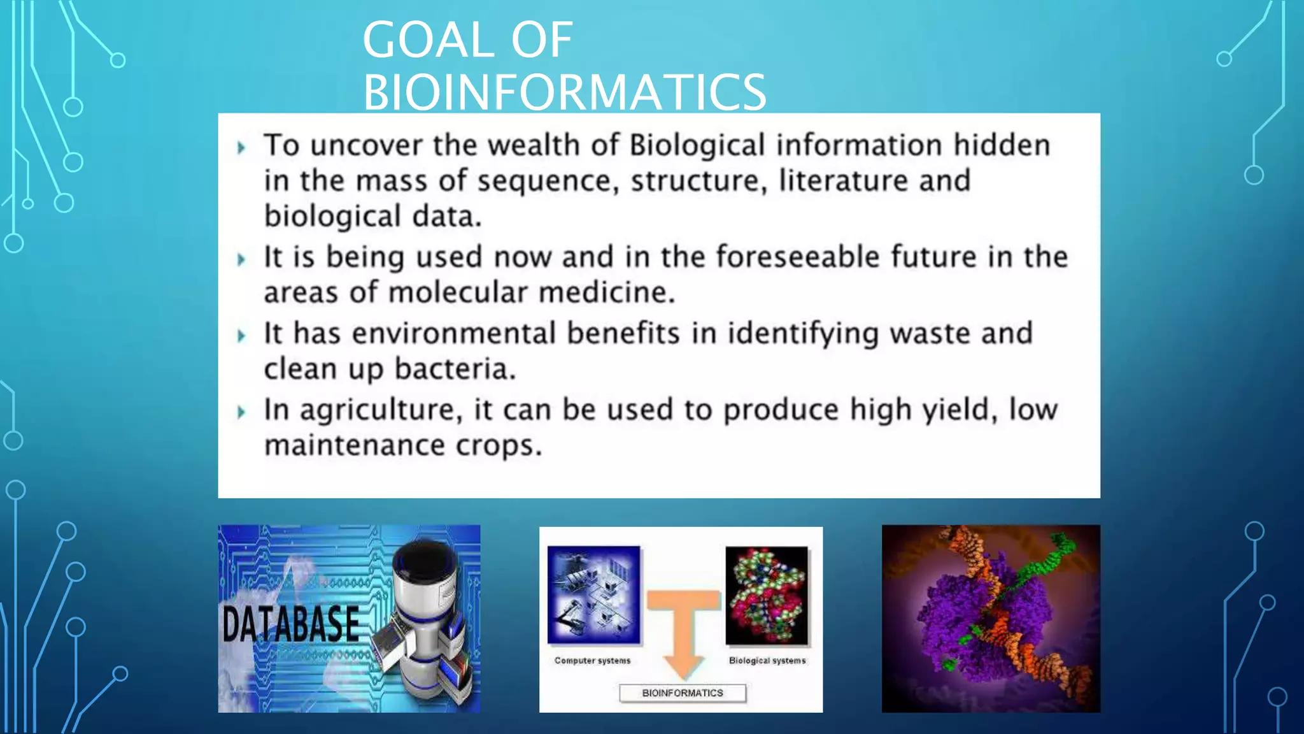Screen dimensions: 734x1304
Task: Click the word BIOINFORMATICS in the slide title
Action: click(x=564, y=92)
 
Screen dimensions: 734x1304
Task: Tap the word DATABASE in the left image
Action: click(x=291, y=624)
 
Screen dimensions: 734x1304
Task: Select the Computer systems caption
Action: click(x=592, y=661)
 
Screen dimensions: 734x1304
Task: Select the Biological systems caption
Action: click(x=767, y=661)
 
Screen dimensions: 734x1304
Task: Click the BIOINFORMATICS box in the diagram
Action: click(x=683, y=693)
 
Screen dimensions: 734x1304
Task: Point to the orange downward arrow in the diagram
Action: click(x=683, y=631)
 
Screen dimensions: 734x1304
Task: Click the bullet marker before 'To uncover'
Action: click(x=241, y=148)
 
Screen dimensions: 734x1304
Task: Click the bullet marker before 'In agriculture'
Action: click(x=241, y=412)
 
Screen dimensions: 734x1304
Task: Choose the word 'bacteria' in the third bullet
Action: click(x=453, y=369)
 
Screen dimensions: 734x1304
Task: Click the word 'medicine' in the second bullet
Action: click(x=606, y=293)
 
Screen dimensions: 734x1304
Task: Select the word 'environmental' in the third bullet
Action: click(x=453, y=334)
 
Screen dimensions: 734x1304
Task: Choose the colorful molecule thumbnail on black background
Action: click(x=767, y=595)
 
